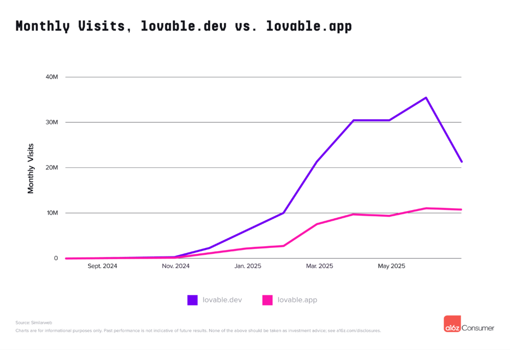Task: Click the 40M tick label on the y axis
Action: click(x=52, y=77)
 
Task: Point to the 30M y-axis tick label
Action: click(x=52, y=122)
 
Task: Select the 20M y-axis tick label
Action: click(x=52, y=168)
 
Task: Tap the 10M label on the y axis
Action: click(x=52, y=213)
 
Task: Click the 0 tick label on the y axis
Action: click(x=56, y=259)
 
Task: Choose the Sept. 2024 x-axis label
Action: click(x=103, y=266)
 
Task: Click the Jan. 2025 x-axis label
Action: click(x=247, y=266)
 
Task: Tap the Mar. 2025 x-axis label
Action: click(x=319, y=266)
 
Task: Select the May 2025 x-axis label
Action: click(x=391, y=266)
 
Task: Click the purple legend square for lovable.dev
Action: click(x=192, y=300)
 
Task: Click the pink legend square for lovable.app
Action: click(x=267, y=300)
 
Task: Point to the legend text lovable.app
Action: click(x=297, y=300)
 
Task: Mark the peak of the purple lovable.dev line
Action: click(x=426, y=97)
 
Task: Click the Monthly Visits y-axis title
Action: click(x=31, y=168)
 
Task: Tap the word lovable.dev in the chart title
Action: click(x=184, y=26)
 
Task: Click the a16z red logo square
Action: click(x=452, y=324)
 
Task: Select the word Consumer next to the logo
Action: click(x=478, y=328)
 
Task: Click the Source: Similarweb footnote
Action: click(x=34, y=323)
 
